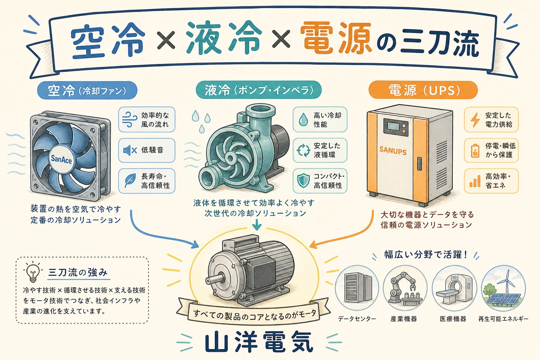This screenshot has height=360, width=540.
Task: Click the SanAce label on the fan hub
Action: (x=61, y=159)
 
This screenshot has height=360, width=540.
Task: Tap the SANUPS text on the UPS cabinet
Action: (x=393, y=150)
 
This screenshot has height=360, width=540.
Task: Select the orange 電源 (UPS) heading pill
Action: (x=423, y=90)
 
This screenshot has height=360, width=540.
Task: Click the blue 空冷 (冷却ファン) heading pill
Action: (x=87, y=90)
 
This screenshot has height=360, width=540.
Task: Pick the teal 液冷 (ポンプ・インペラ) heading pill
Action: (x=258, y=90)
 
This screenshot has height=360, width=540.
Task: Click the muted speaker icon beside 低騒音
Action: (x=130, y=150)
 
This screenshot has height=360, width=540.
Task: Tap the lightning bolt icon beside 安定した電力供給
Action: (x=475, y=120)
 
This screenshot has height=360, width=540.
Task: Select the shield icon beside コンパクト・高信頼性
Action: (x=303, y=181)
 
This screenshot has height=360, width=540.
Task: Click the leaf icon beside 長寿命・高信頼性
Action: (x=130, y=181)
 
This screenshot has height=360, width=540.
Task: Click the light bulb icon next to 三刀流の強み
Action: (x=33, y=273)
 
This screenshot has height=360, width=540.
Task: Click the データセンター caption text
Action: (x=357, y=319)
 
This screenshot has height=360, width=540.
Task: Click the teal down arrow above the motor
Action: (x=257, y=224)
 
